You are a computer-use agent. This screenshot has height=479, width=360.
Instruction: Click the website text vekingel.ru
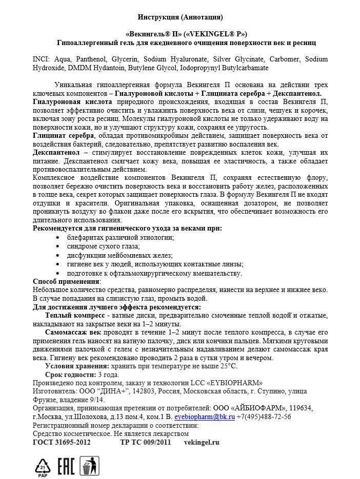pyautogui.click(x=202, y=442)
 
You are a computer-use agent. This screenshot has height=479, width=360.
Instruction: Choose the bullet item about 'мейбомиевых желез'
pyautogui.click(x=119, y=255)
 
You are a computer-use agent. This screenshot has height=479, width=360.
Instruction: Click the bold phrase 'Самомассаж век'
pyautogui.click(x=73, y=332)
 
